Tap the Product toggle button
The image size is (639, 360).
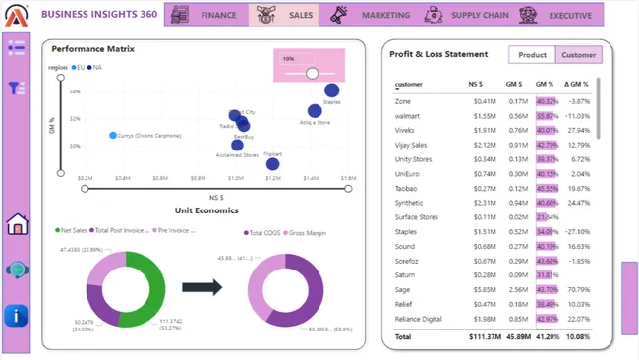click(532, 55)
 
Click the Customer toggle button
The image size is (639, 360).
click(578, 55)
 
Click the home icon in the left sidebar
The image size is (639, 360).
click(17, 225)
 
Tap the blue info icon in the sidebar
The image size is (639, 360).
click(17, 315)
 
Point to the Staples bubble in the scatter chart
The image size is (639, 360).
click(331, 91)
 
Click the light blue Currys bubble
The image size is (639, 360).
click(113, 135)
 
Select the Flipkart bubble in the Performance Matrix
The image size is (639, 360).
click(272, 163)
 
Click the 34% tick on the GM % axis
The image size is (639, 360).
click(75, 91)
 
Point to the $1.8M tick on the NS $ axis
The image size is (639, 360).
click(348, 179)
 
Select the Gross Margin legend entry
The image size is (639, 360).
click(308, 233)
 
